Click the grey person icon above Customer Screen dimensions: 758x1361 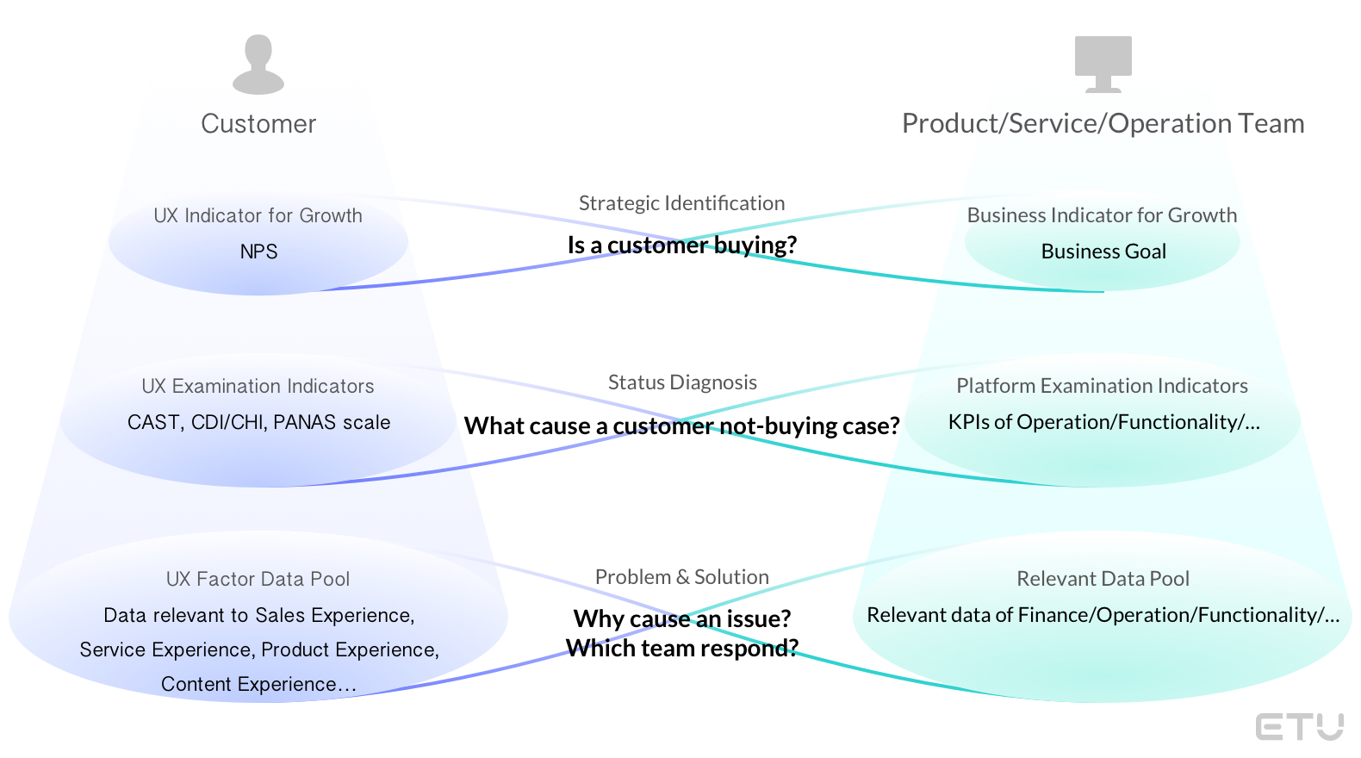[258, 65]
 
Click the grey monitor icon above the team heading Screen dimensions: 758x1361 [1103, 63]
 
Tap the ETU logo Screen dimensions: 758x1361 [1299, 726]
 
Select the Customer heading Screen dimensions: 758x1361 [258, 124]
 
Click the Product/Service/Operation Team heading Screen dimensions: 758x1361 [1103, 124]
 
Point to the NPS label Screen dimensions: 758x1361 [258, 252]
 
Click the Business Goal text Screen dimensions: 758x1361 [1103, 252]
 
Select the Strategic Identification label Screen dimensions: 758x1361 [681, 203]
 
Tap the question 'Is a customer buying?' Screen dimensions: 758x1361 [681, 245]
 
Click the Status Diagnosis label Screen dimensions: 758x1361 [682, 382]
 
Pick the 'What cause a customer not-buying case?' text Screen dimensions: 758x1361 [681, 426]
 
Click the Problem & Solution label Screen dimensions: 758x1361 [681, 577]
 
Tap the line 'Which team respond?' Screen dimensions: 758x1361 [681, 648]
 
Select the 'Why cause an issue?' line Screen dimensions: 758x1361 [681, 618]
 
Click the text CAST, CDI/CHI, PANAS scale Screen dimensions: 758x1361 [258, 422]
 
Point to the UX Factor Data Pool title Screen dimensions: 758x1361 [258, 579]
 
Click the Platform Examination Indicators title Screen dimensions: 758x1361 [1102, 386]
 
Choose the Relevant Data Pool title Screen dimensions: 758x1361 [1103, 579]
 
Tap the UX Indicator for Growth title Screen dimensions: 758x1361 [258, 215]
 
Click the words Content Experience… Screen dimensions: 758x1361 [258, 684]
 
